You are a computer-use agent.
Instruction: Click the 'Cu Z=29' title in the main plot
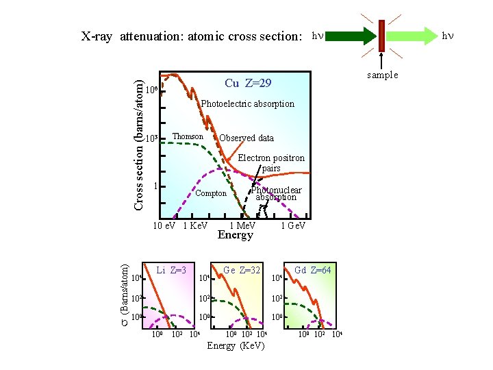click(248, 84)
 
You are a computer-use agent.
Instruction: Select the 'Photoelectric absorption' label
click(247, 104)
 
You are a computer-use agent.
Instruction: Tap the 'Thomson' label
click(188, 136)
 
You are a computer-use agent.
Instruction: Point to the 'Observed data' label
click(246, 138)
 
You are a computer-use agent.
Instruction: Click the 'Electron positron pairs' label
click(271, 163)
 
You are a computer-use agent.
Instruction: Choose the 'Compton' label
click(211, 193)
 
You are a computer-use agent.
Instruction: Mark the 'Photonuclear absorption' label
click(276, 194)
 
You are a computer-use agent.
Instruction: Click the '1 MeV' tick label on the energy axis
click(242, 225)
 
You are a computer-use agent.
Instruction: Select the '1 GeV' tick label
click(293, 225)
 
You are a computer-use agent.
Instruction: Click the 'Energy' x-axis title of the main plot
click(235, 235)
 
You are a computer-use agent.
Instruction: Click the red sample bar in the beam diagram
click(381, 36)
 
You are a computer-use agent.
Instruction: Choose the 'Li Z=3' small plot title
click(171, 270)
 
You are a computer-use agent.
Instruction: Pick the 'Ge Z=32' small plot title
click(242, 270)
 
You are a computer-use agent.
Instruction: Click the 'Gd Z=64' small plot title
click(313, 270)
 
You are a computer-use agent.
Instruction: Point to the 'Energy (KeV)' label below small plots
click(235, 345)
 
